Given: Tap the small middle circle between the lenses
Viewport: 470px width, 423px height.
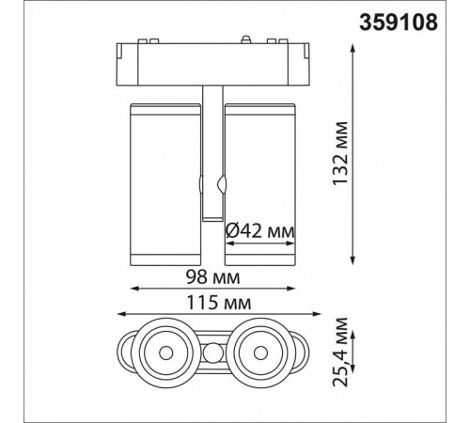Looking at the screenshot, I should tap(212, 354).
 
